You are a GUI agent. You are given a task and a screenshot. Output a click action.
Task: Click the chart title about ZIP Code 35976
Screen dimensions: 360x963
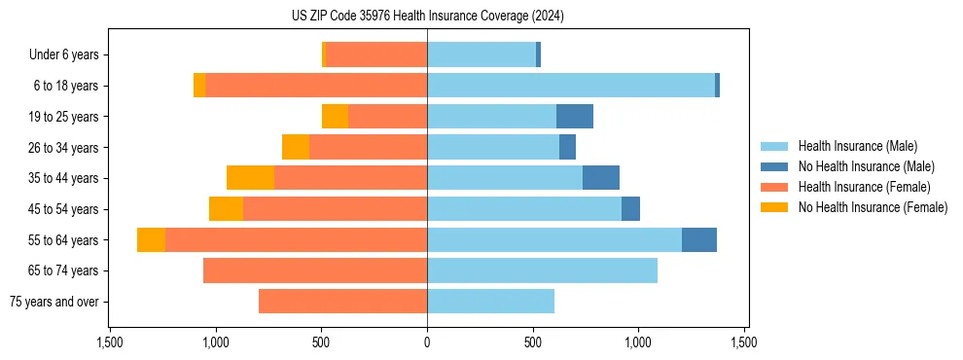click(427, 17)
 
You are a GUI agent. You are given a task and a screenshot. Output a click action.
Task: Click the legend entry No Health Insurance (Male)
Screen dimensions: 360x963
click(866, 166)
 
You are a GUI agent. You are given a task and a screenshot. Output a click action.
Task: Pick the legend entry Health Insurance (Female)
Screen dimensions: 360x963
click(864, 187)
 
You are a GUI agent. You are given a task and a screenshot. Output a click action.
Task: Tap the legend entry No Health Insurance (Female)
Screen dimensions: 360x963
click(873, 207)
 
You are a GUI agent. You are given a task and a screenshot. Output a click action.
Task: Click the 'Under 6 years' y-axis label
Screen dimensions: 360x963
click(64, 55)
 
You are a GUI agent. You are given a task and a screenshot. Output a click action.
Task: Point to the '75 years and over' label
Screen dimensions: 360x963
click(53, 302)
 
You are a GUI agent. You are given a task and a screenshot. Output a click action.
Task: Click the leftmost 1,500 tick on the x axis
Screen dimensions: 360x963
click(110, 343)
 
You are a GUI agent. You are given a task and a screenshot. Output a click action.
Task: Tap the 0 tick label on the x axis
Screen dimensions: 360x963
click(427, 343)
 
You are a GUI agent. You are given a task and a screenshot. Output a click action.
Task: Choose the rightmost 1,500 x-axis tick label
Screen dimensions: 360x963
click(744, 343)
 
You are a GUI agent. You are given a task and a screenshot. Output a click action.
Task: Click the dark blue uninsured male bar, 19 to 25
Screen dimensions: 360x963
click(575, 117)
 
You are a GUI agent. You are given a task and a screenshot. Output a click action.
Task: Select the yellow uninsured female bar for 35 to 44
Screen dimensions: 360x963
click(250, 178)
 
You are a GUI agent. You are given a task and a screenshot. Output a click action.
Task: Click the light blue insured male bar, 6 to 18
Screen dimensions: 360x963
click(571, 86)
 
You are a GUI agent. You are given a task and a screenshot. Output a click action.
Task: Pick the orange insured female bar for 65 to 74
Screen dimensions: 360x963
click(315, 270)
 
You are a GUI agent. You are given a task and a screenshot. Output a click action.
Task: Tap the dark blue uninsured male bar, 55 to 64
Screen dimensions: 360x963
click(699, 239)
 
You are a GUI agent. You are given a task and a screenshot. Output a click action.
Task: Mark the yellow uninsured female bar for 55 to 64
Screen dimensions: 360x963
click(151, 239)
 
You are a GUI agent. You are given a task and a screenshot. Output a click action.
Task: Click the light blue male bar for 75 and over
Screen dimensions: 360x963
click(490, 302)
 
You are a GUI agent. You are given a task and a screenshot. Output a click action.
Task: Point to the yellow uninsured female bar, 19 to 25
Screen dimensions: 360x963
click(335, 117)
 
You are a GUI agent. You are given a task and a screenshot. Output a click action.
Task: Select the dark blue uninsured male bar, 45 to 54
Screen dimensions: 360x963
click(630, 209)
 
